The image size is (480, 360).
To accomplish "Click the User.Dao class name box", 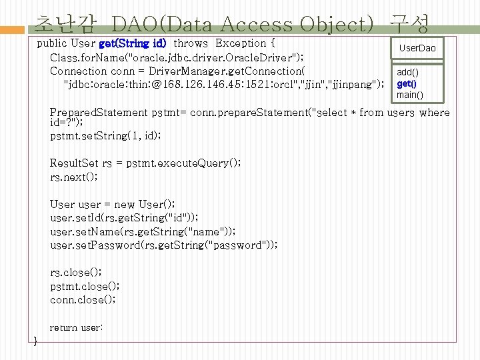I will [417, 48].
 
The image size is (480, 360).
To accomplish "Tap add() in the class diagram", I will [408, 72].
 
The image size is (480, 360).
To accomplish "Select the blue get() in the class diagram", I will [406, 83].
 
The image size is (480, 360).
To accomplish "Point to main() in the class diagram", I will [409, 95].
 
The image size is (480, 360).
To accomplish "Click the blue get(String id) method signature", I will [133, 43].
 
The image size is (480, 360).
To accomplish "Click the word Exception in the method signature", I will [241, 43].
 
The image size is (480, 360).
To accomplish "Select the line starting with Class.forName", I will [177, 57].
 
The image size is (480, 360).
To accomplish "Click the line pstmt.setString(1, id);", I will [105, 135].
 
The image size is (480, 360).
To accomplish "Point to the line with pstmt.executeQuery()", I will [145, 163].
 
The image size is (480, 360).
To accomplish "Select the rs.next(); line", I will [74, 177].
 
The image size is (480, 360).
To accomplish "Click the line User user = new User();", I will [113, 204].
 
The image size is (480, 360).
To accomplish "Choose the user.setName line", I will [143, 231].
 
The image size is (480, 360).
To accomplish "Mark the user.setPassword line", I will [164, 245].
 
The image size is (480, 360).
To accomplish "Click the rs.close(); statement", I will [76, 272].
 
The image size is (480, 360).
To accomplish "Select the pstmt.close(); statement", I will [85, 286].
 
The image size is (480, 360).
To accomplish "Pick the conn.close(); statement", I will [83, 299].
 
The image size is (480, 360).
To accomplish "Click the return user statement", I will [76, 327].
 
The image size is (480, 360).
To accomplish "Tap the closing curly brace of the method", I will [35, 341].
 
